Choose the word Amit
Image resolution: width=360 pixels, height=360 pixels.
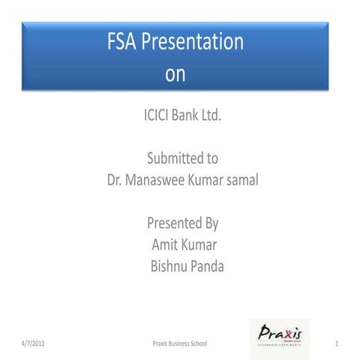tap(165, 244)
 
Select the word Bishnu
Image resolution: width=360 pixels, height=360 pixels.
tap(169, 265)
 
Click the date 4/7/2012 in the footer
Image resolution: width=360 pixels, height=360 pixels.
tap(34, 343)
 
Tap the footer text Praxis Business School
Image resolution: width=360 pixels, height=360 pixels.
tap(179, 343)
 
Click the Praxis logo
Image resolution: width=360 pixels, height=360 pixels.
tap(279, 338)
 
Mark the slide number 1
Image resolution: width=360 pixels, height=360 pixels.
tap(338, 343)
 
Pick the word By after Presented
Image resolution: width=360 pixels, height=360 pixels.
tap(211, 223)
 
